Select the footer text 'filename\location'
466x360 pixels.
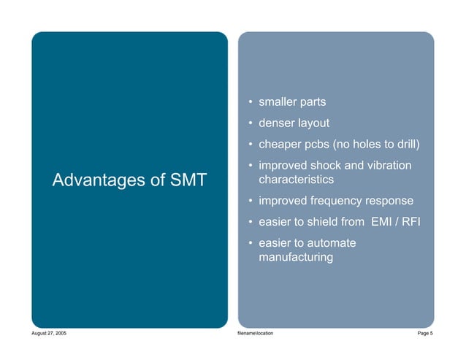coord(256,333)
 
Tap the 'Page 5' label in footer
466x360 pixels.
coord(424,333)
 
